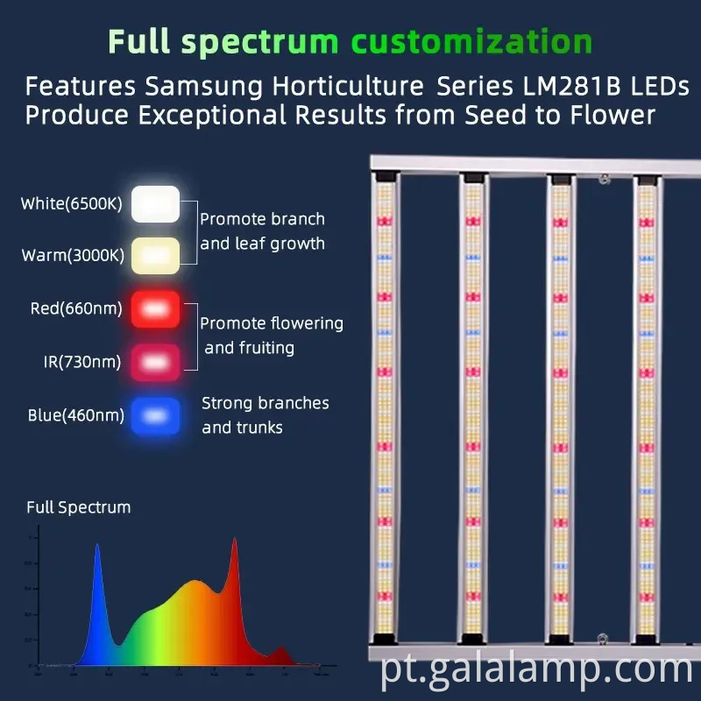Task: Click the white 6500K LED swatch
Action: coord(155,204)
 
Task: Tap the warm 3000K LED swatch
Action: coord(155,256)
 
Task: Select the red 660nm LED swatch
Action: coord(155,309)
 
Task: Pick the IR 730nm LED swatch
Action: coord(155,361)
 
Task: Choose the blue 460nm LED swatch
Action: coord(155,415)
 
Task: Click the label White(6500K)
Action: coord(72,204)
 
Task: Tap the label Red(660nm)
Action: coord(76,308)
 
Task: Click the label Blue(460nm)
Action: coord(75,415)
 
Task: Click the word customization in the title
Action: coord(471,41)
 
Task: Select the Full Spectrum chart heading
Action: coord(78,506)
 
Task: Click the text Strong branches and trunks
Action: coord(265,415)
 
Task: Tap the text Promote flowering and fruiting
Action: coord(272,336)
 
